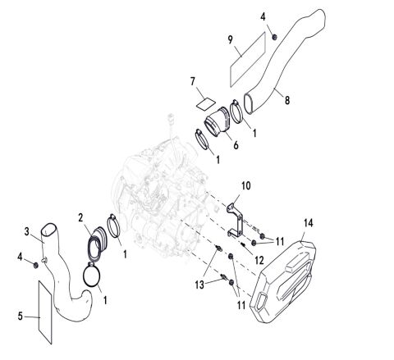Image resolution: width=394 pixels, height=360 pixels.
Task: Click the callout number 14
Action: (x=308, y=221)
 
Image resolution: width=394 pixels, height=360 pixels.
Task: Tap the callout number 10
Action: (x=246, y=186)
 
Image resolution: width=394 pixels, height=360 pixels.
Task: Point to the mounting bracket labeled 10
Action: (x=236, y=214)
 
